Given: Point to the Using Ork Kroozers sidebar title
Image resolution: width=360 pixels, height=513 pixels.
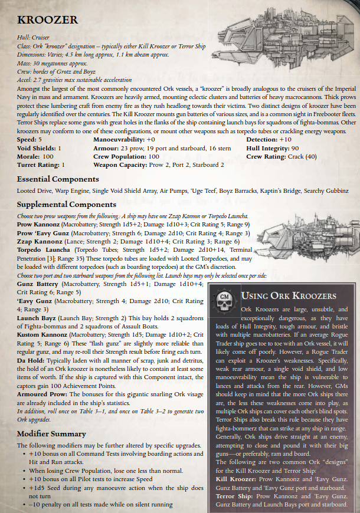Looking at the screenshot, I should pyautogui.click(x=289, y=295).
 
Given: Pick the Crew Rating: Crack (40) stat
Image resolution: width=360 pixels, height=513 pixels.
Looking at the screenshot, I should pyautogui.click(x=282, y=157).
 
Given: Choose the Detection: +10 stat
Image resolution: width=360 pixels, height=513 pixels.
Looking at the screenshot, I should pyautogui.click(x=269, y=139).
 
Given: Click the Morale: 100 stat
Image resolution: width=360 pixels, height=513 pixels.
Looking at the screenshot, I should pyautogui.click(x=35, y=157).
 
